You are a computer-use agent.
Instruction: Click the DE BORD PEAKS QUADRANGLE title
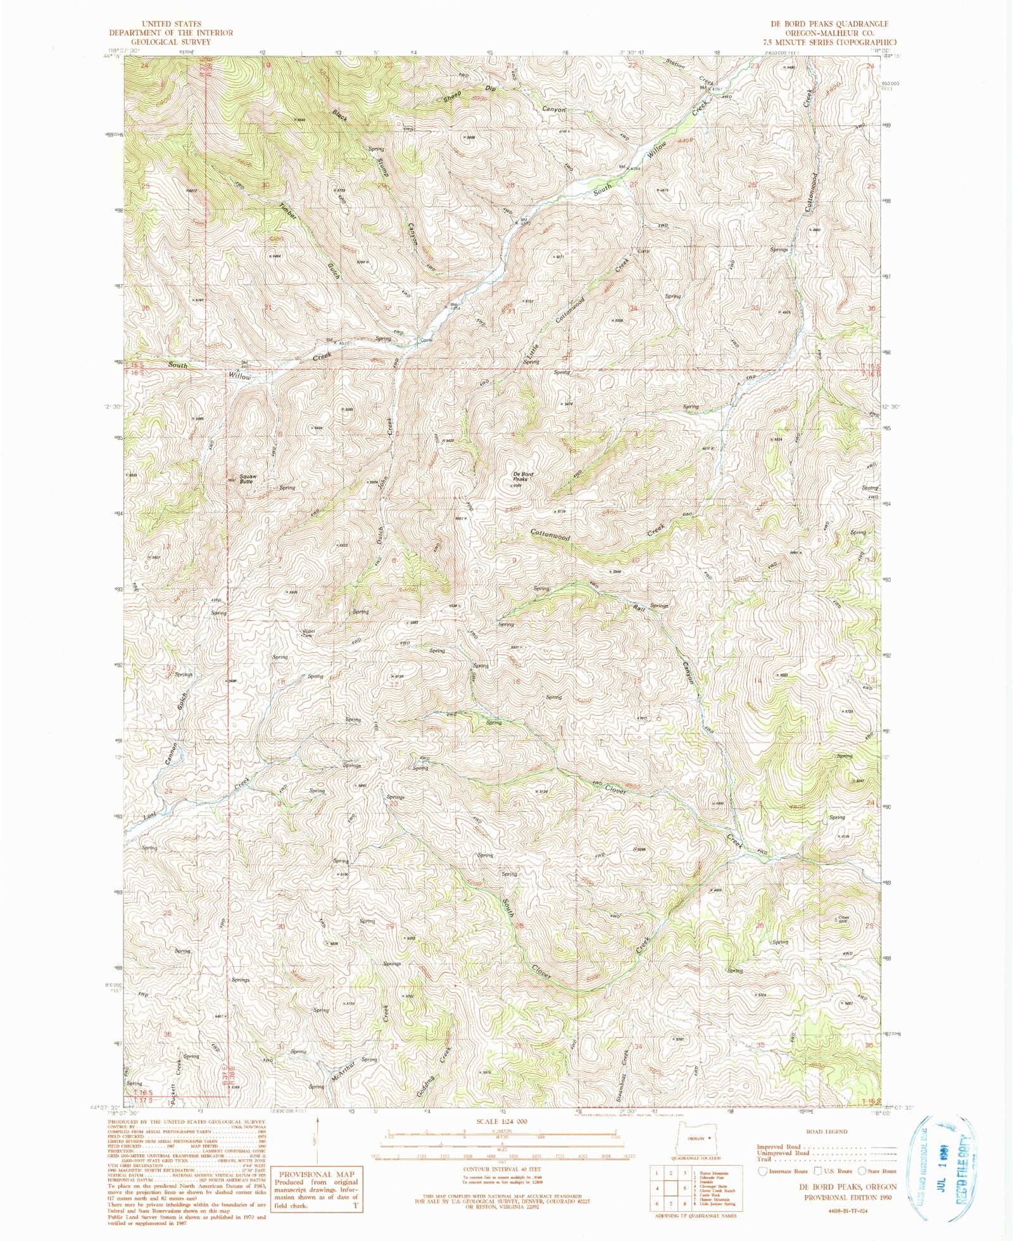click(x=829, y=23)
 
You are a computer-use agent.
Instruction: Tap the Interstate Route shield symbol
click(x=764, y=1171)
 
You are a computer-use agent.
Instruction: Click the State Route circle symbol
click(x=862, y=1171)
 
